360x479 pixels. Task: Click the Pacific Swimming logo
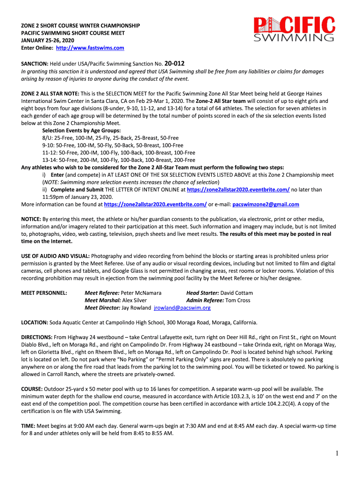pos(294,29)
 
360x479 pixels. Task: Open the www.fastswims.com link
pos(90,48)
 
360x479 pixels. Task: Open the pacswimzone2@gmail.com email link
pos(266,204)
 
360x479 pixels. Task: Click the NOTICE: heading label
pos(31,219)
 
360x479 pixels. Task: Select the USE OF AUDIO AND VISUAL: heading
pos(56,256)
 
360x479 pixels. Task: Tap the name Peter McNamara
pos(141,293)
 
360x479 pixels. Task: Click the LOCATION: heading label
pos(35,323)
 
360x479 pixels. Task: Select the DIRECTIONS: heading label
pos(37,337)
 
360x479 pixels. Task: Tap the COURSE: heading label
pos(32,389)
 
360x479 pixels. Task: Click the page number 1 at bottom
pos(336,453)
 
